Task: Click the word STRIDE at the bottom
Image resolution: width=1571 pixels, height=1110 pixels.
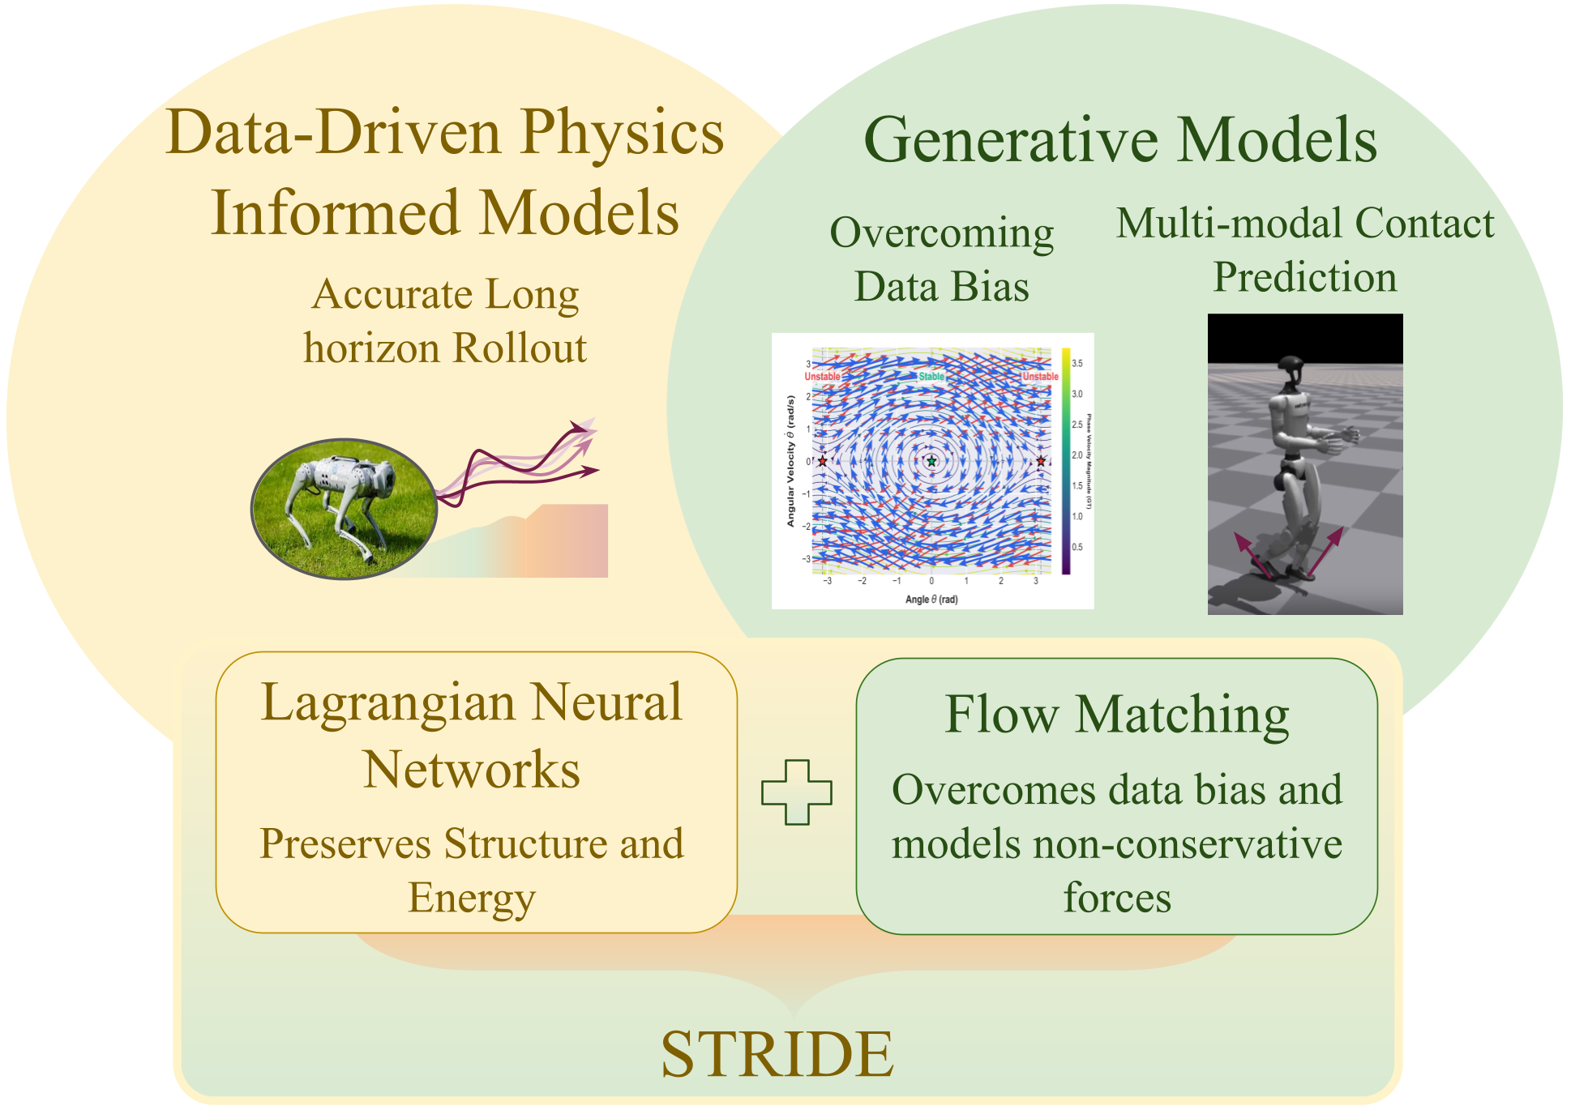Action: tap(777, 1054)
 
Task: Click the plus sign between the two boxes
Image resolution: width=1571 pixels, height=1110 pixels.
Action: tap(796, 792)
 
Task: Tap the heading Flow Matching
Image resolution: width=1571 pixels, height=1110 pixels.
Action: tap(1116, 715)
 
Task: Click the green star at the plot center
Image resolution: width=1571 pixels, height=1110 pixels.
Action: tap(931, 461)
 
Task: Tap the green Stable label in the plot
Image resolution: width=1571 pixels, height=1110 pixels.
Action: tap(931, 377)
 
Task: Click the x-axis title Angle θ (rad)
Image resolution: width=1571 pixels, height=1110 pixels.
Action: tap(931, 600)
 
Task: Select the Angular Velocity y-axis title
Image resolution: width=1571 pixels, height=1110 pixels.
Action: tap(790, 461)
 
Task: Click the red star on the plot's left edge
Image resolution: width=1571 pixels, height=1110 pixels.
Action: tap(822, 461)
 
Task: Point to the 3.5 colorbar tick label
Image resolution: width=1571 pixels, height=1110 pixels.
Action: tap(1077, 364)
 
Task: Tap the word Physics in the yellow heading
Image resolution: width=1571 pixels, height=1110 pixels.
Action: tap(622, 133)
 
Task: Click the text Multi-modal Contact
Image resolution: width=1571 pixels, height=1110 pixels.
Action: tap(1304, 223)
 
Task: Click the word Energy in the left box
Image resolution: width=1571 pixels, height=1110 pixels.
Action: tap(472, 898)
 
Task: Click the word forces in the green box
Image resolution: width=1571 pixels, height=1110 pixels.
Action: tap(1116, 898)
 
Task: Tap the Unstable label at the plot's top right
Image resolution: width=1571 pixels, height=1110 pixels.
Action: tap(1040, 377)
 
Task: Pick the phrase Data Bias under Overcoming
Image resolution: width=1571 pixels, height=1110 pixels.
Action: tap(941, 287)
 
